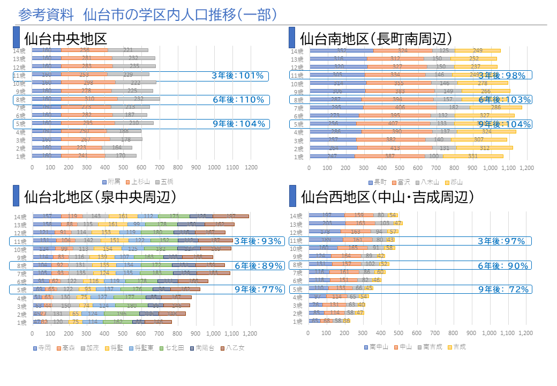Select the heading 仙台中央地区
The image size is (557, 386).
(x=66, y=39)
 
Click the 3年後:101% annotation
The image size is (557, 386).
(x=238, y=76)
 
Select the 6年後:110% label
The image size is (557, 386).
(x=238, y=100)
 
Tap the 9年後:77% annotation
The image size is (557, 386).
(x=258, y=289)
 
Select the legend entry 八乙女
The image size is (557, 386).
(x=234, y=347)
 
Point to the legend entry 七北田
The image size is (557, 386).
(x=175, y=347)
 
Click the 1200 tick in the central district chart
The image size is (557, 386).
(x=251, y=168)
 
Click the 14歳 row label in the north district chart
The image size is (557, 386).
(x=21, y=216)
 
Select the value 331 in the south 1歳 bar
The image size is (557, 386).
(x=472, y=157)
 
